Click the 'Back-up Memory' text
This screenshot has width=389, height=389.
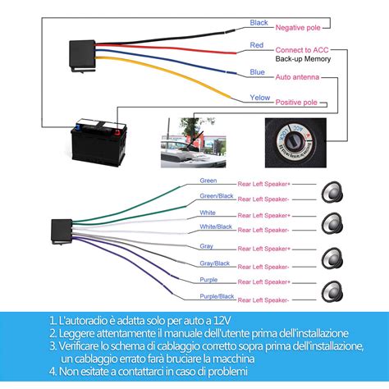[303, 60]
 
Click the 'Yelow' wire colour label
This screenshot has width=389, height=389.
[259, 98]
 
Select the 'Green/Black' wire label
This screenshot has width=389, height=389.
[216, 195]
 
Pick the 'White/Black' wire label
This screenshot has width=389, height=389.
[216, 227]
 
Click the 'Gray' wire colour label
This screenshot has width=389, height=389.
[207, 245]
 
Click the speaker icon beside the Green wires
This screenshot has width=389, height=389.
[332, 188]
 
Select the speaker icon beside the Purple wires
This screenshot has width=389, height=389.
[332, 288]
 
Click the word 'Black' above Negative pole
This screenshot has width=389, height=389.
[259, 23]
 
